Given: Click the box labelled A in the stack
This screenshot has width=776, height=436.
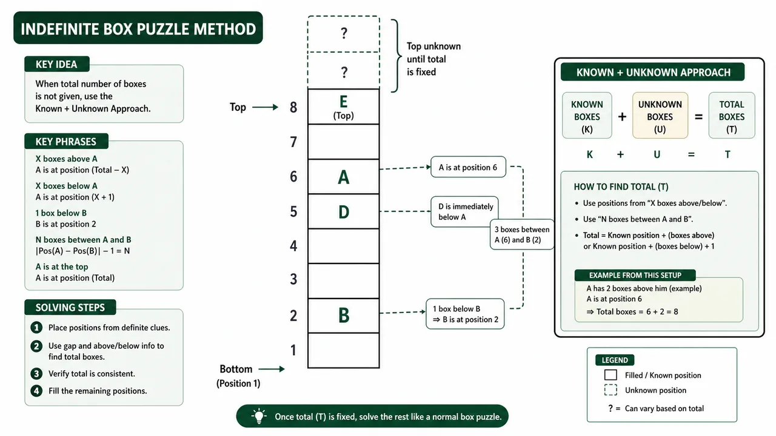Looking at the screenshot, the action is point(343,176).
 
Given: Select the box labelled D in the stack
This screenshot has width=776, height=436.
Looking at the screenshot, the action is point(343,211).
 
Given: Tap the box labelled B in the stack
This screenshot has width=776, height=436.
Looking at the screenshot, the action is point(343,315).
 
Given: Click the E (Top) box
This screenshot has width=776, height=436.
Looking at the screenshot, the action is point(343,107).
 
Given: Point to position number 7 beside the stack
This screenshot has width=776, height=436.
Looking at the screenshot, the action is point(293,142).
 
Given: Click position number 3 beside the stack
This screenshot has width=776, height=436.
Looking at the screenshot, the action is point(293,279).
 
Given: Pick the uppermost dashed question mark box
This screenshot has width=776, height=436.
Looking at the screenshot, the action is point(343,34).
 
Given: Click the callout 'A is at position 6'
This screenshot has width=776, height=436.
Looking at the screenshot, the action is point(468,167).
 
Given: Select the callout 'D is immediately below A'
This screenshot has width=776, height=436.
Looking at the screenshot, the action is point(464,212).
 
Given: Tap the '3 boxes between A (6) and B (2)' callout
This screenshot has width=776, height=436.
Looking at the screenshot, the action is point(522,234).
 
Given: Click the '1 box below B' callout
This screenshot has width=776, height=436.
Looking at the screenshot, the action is point(465,314).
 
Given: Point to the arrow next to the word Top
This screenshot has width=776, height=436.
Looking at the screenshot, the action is point(265,107).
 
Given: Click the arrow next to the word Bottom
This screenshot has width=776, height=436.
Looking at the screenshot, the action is point(272,369).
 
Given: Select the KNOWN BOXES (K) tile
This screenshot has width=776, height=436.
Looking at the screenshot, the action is point(587,116).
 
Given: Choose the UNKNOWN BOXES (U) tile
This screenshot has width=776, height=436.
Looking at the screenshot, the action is point(660,116).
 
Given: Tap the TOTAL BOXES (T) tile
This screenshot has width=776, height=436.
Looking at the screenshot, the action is point(732,116).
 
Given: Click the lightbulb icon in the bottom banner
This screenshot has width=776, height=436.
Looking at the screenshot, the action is point(259,416).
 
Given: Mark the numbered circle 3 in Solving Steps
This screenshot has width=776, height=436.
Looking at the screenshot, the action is point(36,374).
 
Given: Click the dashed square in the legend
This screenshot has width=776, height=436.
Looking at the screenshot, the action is point(610,390).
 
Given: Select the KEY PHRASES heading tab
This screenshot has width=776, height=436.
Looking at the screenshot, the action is point(66,141).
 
